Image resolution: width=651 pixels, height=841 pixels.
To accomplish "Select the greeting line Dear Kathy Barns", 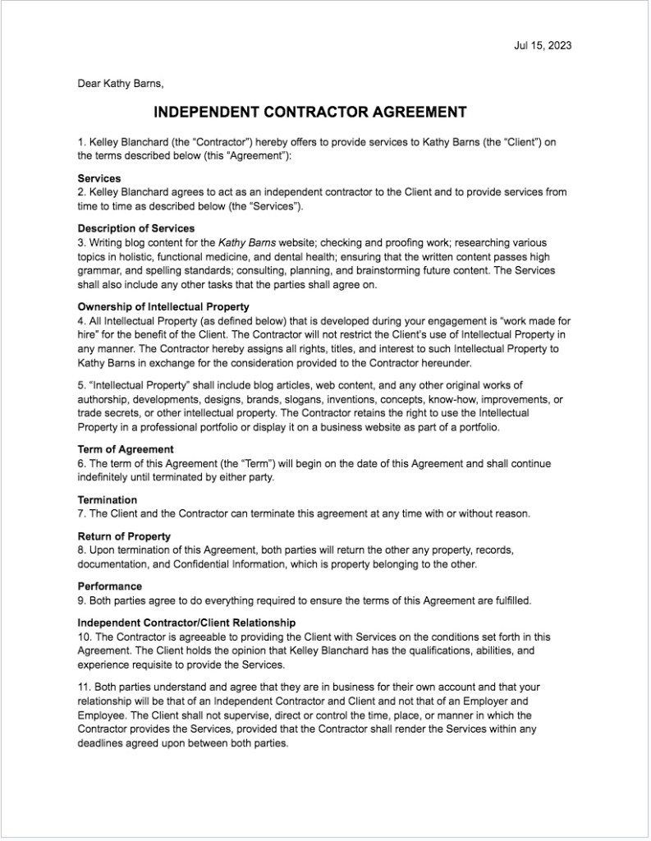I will tap(126, 83).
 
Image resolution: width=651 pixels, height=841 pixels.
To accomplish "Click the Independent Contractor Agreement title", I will tap(310, 113).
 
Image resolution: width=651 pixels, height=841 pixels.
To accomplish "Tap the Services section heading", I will tap(99, 178).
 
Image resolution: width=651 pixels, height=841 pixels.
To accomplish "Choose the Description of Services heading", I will tap(136, 228).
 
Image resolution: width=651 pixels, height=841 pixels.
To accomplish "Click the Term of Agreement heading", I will tap(126, 450).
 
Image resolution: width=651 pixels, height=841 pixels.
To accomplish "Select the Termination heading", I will tap(108, 500).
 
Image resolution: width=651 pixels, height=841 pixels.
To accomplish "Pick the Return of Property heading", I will tap(124, 536).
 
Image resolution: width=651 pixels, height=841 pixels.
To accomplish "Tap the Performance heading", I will tap(110, 586).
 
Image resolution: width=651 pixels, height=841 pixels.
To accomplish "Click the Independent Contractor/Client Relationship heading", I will tap(186, 623).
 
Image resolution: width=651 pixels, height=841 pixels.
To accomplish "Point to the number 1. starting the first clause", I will tap(82, 142).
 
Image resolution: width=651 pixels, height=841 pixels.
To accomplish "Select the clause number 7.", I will tap(82, 514).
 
